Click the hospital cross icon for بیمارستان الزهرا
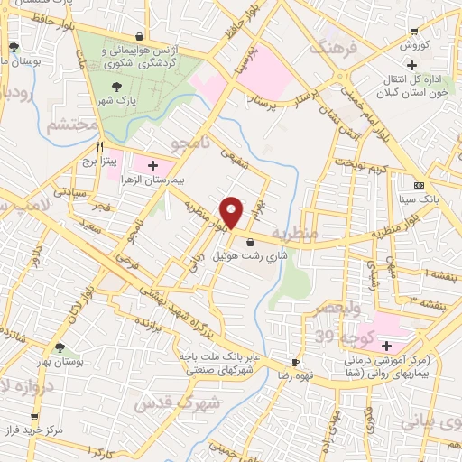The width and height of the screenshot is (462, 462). (152, 165)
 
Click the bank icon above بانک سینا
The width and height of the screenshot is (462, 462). (418, 183)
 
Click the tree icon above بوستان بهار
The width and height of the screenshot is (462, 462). (60, 346)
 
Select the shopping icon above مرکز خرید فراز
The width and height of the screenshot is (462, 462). (35, 417)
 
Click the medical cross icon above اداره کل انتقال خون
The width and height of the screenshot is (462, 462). (411, 65)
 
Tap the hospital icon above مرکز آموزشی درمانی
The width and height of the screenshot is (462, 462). (387, 346)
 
